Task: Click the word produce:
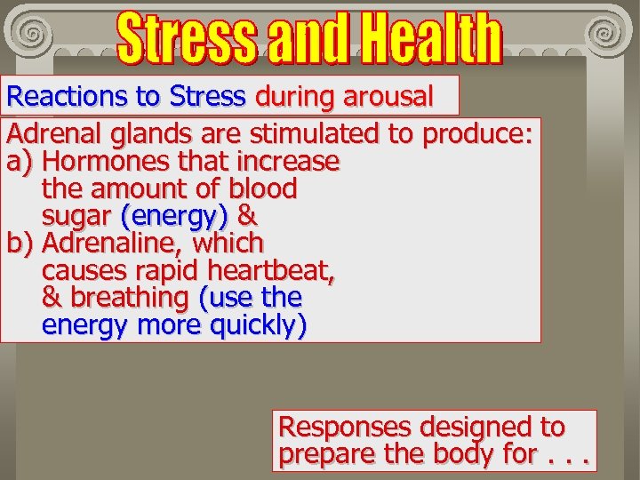pyautogui.click(x=478, y=134)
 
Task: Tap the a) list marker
pyautogui.click(x=20, y=162)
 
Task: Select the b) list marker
pyautogui.click(x=20, y=243)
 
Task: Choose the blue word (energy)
pyautogui.click(x=175, y=216)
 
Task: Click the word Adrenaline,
pyautogui.click(x=115, y=243)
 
